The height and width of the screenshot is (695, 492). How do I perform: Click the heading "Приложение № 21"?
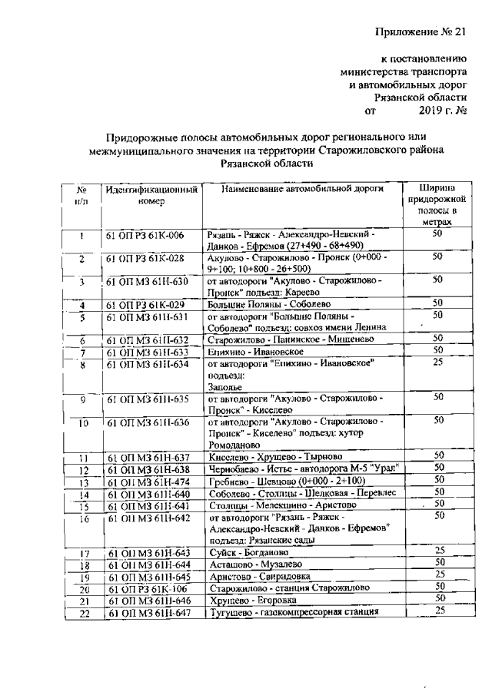421,30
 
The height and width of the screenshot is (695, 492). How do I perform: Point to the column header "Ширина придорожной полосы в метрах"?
436,204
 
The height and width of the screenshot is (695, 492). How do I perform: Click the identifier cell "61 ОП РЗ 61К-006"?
145,235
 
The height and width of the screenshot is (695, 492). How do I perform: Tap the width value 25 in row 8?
437,362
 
